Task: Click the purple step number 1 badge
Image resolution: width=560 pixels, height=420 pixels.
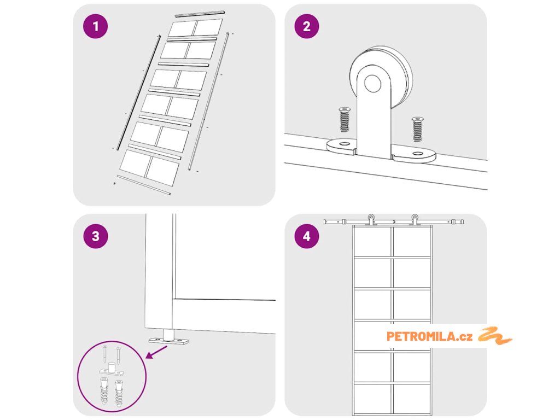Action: [95, 26]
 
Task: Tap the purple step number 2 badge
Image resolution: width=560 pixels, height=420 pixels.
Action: [307, 26]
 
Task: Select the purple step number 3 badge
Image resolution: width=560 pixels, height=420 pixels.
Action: [95, 236]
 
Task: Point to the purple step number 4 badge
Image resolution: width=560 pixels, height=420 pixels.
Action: [307, 236]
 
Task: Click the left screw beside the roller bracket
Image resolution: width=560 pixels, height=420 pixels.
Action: [345, 119]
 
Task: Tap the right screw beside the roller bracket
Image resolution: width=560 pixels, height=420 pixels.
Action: [417, 129]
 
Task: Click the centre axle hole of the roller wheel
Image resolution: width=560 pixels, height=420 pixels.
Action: [372, 83]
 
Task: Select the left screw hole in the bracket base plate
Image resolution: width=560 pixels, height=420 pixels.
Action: [345, 144]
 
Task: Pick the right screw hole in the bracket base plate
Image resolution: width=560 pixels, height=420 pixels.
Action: [417, 154]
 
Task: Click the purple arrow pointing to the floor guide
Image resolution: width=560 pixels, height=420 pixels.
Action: [156, 352]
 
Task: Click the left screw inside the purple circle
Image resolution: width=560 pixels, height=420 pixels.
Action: [104, 354]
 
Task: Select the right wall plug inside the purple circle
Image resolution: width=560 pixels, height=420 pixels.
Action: [119, 394]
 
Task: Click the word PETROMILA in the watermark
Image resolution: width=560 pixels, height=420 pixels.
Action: [421, 336]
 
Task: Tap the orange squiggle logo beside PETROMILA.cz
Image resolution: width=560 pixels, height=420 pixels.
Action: [495, 335]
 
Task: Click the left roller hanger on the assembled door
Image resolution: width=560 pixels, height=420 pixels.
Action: [371, 220]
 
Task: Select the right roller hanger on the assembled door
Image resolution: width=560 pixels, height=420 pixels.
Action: [415, 220]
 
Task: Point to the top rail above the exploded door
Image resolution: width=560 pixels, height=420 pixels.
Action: [200, 14]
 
